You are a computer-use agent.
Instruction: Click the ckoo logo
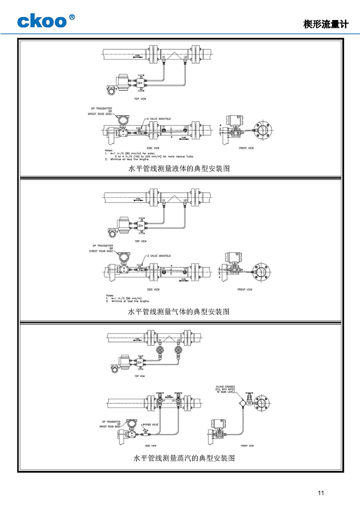pos(42,21)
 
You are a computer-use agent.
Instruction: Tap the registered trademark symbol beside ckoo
pos(72,17)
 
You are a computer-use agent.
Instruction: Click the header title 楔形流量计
pos(326,24)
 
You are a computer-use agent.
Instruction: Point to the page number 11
pos(321,493)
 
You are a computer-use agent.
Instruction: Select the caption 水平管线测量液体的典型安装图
pos(179,169)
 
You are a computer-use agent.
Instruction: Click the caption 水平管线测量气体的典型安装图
pos(179,312)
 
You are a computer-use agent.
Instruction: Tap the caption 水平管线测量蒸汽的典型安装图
pos(184,458)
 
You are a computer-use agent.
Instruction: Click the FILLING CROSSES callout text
pos(225,389)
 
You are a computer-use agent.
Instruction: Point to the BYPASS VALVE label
pos(150,425)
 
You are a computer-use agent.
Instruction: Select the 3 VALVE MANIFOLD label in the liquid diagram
pos(159,119)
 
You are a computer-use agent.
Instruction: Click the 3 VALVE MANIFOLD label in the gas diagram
pos(159,256)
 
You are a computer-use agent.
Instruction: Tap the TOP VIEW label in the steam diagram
pos(139,376)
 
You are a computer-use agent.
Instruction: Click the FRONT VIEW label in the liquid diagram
pos(246,148)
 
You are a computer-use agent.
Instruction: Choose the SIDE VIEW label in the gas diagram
pos(153,289)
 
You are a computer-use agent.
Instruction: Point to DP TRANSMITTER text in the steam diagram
pos(111,422)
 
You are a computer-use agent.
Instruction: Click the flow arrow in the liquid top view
pos(138,56)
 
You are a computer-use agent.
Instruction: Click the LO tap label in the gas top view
pos(185,200)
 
